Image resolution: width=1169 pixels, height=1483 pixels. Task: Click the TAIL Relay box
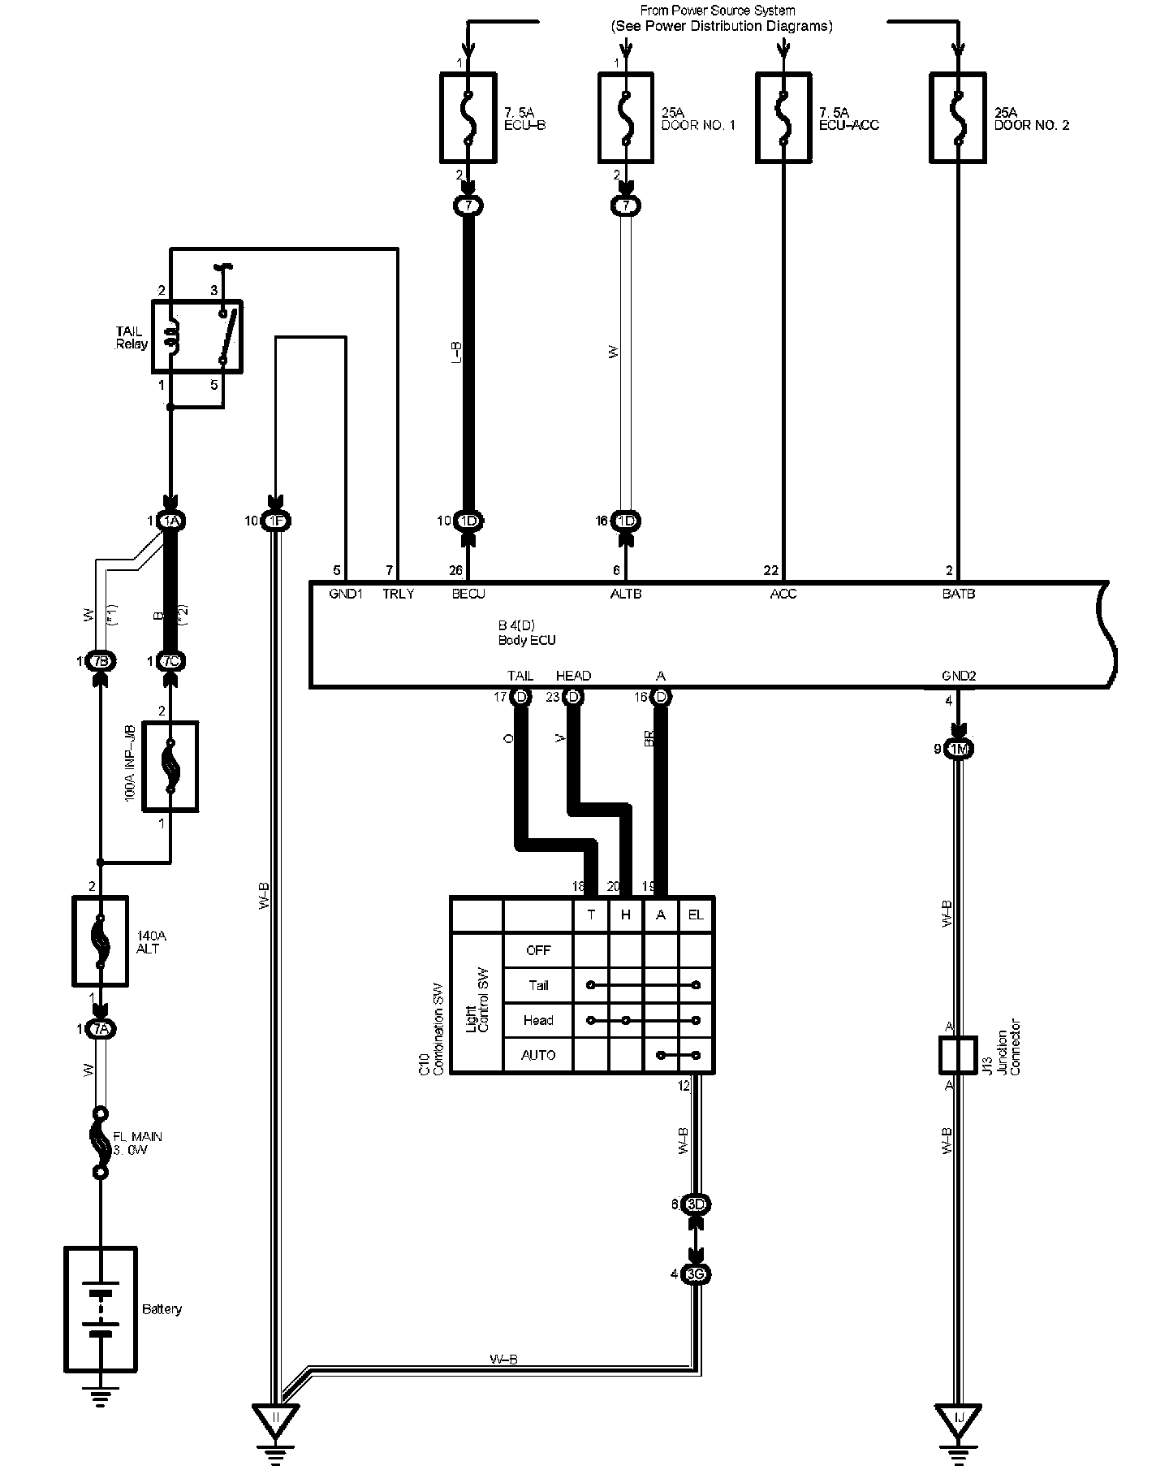point(197,336)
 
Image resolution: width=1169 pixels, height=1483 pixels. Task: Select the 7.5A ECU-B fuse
point(468,118)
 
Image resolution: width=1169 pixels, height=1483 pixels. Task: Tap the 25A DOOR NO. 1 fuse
point(626,118)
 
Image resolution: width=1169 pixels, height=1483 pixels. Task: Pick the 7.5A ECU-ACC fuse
point(783,118)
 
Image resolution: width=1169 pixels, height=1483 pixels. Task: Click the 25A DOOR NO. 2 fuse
point(958,118)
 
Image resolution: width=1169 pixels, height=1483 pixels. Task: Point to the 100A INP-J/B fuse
point(170,766)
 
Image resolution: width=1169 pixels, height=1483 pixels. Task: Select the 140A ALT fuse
point(101,940)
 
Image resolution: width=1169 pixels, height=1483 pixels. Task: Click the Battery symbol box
point(101,1309)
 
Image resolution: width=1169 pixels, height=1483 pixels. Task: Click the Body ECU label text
point(527,640)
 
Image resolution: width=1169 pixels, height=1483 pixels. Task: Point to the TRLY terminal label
point(399,594)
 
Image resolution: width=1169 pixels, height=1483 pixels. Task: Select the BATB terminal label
point(959,594)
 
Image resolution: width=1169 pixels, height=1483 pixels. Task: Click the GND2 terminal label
point(959,676)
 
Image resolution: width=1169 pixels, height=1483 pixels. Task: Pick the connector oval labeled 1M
point(960,749)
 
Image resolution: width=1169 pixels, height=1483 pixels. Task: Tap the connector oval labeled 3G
point(696,1274)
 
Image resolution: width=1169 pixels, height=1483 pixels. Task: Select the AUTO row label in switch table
point(538,1055)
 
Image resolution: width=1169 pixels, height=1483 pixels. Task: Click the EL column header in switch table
point(696,914)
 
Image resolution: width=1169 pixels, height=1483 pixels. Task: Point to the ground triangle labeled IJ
point(959,1418)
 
